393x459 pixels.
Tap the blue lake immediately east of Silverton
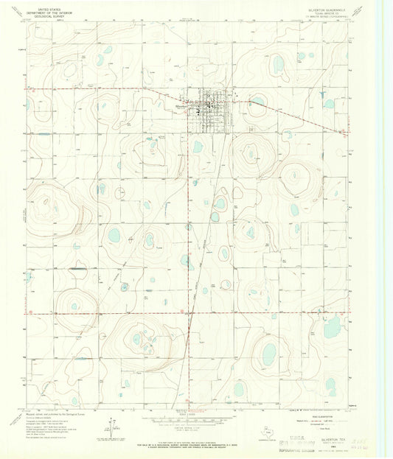(x=258, y=101)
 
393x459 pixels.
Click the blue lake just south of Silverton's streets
(x=198, y=147)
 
